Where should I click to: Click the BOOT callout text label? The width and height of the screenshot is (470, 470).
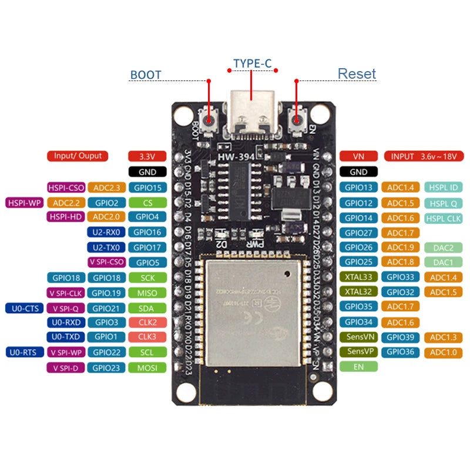click(x=145, y=75)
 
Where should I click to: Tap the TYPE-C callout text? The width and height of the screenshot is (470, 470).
click(x=251, y=63)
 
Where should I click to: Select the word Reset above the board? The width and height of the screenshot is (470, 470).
click(x=357, y=74)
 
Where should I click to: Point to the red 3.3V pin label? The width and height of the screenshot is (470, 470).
click(x=147, y=156)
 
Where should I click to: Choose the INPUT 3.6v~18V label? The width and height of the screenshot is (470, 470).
click(x=422, y=156)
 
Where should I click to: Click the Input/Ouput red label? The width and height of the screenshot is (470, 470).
click(x=78, y=156)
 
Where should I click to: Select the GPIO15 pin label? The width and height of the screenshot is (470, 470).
click(x=147, y=188)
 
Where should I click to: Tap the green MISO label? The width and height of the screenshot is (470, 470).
click(x=147, y=293)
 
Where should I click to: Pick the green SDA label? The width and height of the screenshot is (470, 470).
click(x=147, y=308)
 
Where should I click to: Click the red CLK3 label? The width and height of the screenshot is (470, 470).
click(x=147, y=337)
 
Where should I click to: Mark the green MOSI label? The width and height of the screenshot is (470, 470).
click(x=147, y=368)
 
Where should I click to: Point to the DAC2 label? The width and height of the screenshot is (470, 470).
click(x=443, y=248)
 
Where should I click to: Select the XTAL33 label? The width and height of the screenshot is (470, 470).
click(x=358, y=277)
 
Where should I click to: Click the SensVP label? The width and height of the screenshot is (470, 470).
click(x=358, y=352)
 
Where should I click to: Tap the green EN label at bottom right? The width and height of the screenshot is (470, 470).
click(x=358, y=367)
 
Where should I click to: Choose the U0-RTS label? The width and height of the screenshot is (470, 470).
click(x=24, y=352)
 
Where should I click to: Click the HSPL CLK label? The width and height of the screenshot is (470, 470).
click(x=443, y=218)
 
